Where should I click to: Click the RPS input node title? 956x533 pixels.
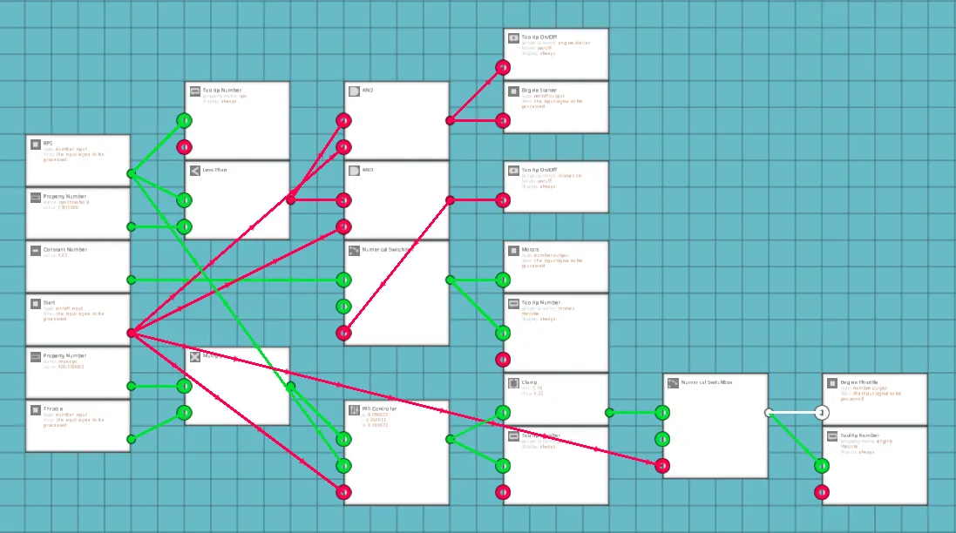(x=49, y=144)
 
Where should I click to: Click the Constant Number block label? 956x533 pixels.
(x=64, y=250)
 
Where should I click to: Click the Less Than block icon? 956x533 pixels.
(x=195, y=170)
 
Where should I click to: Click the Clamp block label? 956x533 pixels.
(x=529, y=382)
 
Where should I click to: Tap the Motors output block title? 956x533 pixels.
(x=530, y=250)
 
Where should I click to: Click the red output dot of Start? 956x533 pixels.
(x=131, y=333)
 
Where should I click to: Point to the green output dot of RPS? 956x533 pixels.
(x=131, y=173)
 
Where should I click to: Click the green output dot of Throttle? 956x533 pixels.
(x=131, y=439)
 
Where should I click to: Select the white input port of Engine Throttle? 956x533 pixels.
(x=821, y=413)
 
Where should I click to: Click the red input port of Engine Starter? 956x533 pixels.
(x=503, y=120)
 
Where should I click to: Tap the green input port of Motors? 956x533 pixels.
(x=503, y=280)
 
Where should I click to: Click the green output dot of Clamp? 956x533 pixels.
(x=609, y=413)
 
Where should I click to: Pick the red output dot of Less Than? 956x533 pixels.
(x=290, y=200)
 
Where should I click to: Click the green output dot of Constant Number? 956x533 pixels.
(x=131, y=280)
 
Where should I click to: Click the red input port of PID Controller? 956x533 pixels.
(x=343, y=492)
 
